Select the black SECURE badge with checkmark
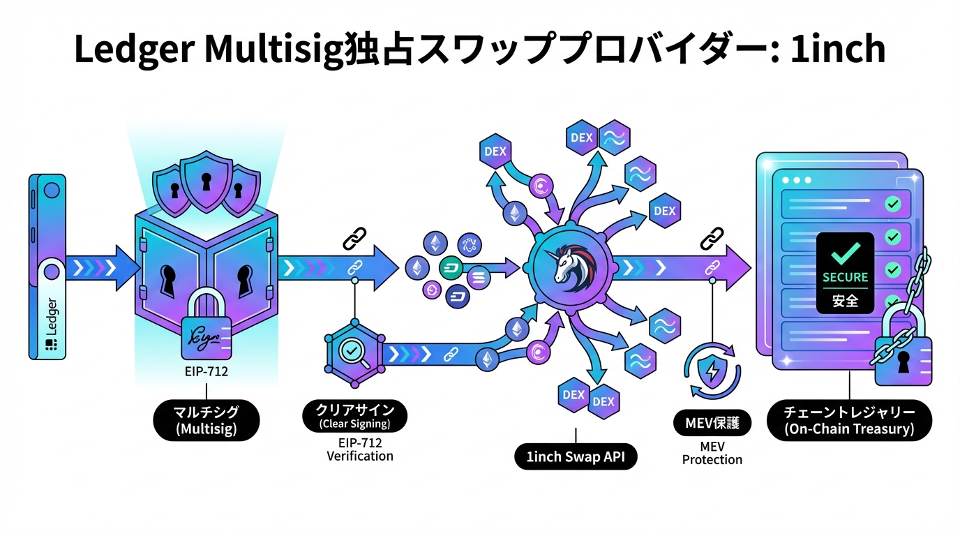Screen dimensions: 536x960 (844, 271)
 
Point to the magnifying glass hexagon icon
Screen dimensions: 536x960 (352, 352)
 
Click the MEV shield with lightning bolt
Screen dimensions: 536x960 (711, 371)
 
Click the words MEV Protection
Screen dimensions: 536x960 (712, 453)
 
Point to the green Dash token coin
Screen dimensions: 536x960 (450, 267)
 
